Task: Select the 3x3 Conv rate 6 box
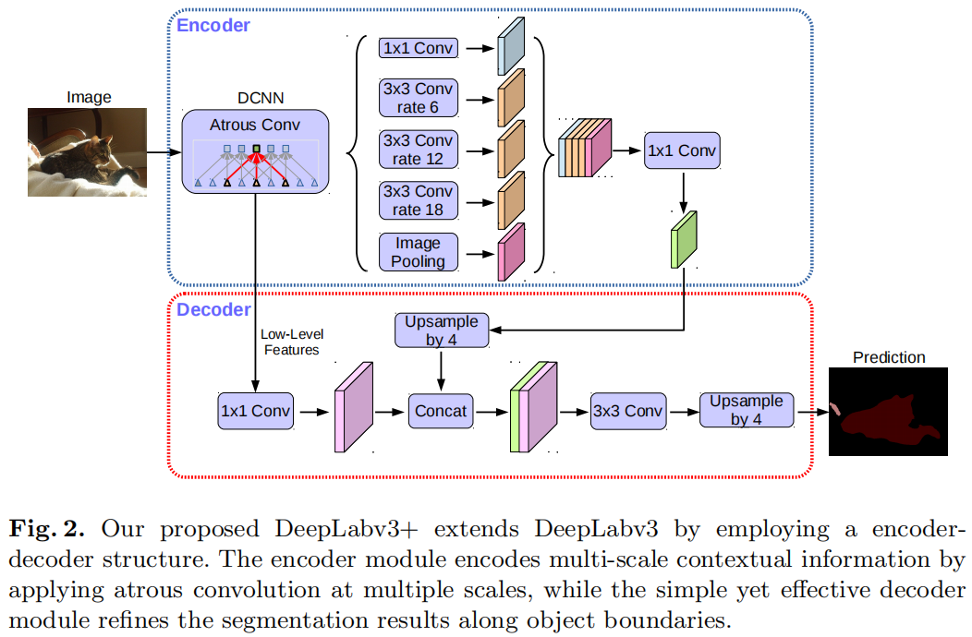pos(418,98)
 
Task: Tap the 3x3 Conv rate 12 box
pos(418,150)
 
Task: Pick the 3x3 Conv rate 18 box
pos(418,200)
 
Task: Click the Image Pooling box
pos(418,252)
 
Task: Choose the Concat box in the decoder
pos(441,411)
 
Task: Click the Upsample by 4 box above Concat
pos(441,331)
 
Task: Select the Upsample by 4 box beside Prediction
pos(746,410)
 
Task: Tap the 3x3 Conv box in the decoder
pos(627,411)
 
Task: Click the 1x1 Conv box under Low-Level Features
pos(255,411)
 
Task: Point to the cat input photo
pos(88,153)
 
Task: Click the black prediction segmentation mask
pos(888,412)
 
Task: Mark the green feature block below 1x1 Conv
pos(684,238)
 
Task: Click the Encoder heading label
pos(213,26)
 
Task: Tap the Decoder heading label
pos(213,309)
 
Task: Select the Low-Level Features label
pos(292,342)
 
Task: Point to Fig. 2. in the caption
pos(47,530)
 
